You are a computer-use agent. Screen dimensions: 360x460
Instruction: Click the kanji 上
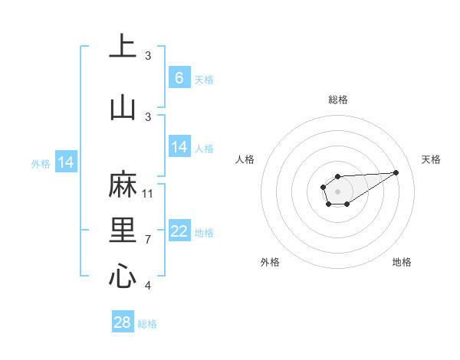click(x=123, y=47)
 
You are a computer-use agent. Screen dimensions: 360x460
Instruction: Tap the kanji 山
click(x=123, y=106)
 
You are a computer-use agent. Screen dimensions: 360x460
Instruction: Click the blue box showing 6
click(x=179, y=78)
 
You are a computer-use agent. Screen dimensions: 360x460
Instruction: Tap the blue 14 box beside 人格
click(x=179, y=148)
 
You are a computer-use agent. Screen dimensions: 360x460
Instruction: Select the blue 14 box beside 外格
click(x=66, y=162)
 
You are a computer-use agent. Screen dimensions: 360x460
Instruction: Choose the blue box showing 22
click(x=179, y=232)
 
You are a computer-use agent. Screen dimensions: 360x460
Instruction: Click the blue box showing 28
click(x=123, y=322)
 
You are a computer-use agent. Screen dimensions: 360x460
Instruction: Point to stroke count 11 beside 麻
click(x=148, y=193)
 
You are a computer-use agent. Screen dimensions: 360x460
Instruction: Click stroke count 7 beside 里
click(x=148, y=240)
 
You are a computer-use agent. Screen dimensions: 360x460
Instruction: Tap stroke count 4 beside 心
click(x=148, y=286)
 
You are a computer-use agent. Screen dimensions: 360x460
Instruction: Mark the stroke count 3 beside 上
click(x=148, y=55)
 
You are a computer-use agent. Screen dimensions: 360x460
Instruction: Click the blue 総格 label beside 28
click(x=147, y=324)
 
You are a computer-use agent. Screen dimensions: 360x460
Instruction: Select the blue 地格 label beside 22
click(x=204, y=233)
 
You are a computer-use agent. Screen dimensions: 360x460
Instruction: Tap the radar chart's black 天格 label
click(x=431, y=159)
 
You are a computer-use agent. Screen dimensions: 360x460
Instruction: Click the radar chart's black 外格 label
click(x=270, y=262)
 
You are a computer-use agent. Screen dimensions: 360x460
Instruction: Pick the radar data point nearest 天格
click(x=396, y=172)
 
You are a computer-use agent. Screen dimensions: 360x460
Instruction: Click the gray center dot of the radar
click(x=337, y=190)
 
